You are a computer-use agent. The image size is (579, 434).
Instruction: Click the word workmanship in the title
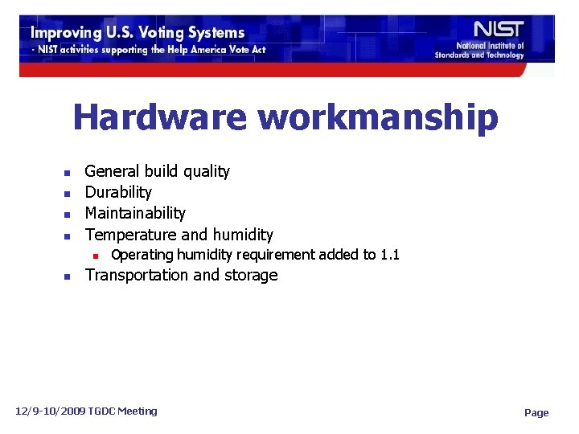click(x=378, y=119)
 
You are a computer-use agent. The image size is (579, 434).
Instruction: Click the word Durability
click(x=118, y=192)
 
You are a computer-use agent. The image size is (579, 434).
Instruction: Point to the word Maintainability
click(x=135, y=213)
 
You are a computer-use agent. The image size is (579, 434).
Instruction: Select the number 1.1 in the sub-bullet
click(x=390, y=255)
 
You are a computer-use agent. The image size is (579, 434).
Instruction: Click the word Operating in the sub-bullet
click(x=142, y=256)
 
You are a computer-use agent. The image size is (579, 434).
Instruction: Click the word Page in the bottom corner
click(x=536, y=413)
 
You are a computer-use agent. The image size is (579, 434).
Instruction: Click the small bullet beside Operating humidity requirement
click(x=94, y=256)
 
